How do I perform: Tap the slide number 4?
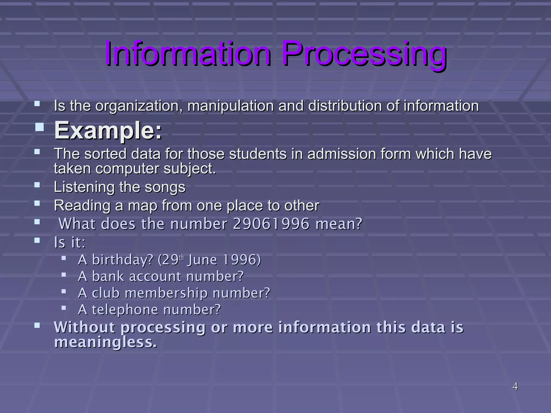point(515,386)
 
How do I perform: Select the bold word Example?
point(108,130)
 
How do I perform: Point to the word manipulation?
point(231,106)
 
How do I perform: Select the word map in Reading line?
point(143,206)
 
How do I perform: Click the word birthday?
point(123,260)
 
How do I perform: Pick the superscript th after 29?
point(181,258)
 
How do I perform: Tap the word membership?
point(166,293)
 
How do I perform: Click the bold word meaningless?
point(105,342)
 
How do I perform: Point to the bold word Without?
point(85,327)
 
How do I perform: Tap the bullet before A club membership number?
point(63,291)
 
